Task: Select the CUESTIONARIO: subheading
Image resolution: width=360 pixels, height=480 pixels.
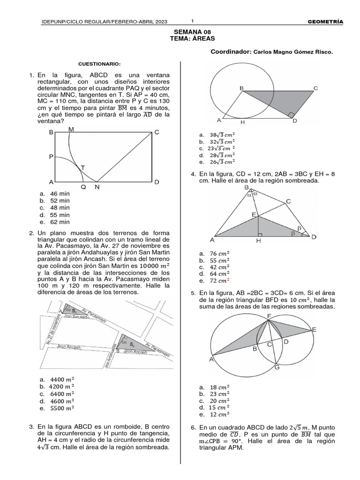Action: (x=99, y=63)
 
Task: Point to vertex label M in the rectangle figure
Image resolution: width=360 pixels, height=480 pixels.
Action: (x=71, y=129)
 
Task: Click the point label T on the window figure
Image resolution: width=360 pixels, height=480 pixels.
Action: (x=83, y=167)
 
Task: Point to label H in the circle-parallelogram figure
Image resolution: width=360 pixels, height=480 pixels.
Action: (x=242, y=123)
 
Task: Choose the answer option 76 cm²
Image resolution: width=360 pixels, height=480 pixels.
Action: (x=219, y=254)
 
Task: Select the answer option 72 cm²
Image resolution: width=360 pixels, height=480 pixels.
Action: (x=219, y=281)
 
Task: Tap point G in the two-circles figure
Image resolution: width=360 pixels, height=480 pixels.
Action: (x=277, y=367)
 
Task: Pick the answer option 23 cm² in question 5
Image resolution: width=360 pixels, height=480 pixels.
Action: (x=219, y=394)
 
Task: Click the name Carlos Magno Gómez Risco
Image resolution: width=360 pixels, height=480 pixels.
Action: (x=292, y=52)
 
